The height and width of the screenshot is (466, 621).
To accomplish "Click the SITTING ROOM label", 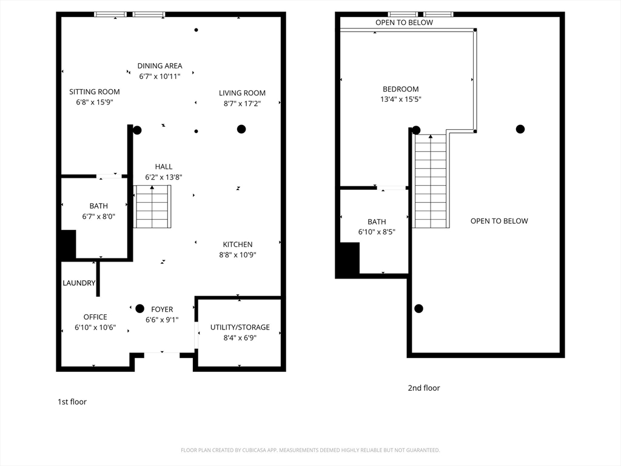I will [x=95, y=92].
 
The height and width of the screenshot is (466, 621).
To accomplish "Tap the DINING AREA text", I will [x=159, y=66].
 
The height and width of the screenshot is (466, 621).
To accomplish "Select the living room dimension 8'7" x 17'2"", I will [x=242, y=104].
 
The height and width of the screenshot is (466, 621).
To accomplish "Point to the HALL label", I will [x=163, y=166].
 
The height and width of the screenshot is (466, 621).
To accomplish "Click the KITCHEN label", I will [x=237, y=245].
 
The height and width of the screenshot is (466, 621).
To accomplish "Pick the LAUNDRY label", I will [x=79, y=283].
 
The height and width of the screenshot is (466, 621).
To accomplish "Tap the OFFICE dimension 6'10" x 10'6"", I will [x=95, y=328].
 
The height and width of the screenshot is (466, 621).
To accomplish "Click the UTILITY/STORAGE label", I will [x=240, y=327].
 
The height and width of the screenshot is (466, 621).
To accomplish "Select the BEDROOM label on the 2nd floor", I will [x=400, y=89].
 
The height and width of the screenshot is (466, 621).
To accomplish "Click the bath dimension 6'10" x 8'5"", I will [x=376, y=232].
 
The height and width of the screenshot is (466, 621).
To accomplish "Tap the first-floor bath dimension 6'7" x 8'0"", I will [x=98, y=217].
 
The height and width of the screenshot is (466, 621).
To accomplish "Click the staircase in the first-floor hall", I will [x=152, y=207].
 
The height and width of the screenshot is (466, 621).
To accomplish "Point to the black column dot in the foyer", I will [x=140, y=308].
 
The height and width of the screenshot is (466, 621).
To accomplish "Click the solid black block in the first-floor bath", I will [x=67, y=245].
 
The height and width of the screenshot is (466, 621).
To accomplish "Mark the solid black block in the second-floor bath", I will [x=347, y=260].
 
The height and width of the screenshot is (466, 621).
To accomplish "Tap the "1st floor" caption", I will [x=72, y=402].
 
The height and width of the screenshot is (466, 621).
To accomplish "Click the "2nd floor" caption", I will [x=423, y=388].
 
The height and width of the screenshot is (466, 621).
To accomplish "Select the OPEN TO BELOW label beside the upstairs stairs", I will [x=499, y=221].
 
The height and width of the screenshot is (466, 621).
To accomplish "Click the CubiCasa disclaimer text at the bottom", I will [x=310, y=450].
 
